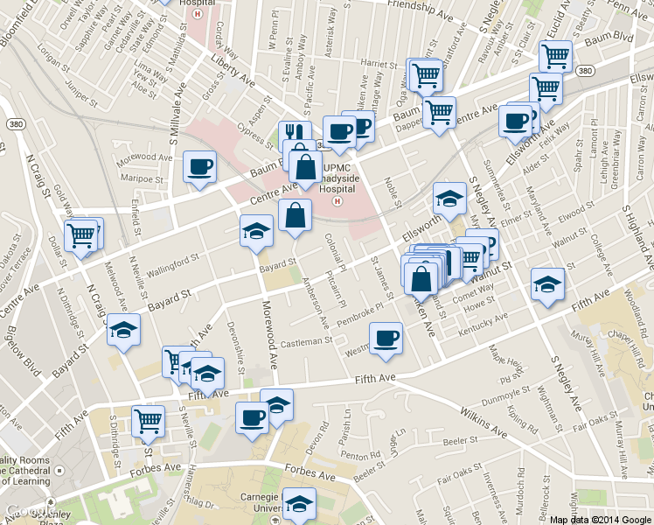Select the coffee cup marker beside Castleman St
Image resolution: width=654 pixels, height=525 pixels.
386,338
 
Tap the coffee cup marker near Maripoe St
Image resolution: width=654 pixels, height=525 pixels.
199,165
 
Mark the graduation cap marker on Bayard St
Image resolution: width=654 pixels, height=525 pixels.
255,231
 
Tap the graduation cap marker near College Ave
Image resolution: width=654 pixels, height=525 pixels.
547,283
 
